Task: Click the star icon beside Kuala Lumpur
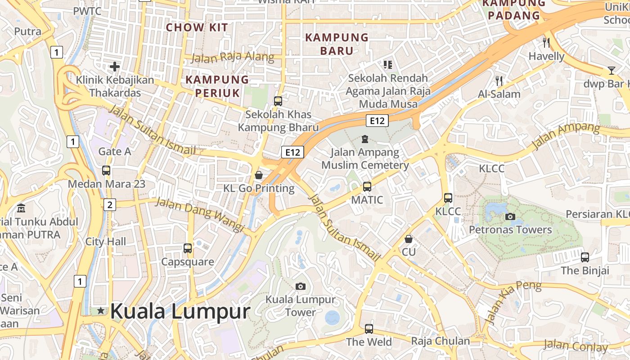[101, 310]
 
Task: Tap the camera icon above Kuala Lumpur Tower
[301, 286]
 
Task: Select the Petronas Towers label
[510, 229]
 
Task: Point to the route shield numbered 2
[109, 205]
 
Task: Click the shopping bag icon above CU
[408, 238]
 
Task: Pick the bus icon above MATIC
[367, 186]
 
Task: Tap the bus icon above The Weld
[369, 328]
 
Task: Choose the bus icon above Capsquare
[188, 248]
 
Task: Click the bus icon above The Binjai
[585, 257]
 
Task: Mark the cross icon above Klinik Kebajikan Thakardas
[115, 67]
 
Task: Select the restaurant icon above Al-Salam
[499, 81]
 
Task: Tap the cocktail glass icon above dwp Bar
[611, 71]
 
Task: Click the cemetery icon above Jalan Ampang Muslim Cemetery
[365, 139]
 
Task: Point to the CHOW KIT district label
[197, 27]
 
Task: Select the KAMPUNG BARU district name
[337, 44]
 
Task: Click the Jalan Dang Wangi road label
[200, 214]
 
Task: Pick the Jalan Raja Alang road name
[233, 57]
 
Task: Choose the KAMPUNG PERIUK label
[217, 86]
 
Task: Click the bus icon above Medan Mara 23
[106, 171]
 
